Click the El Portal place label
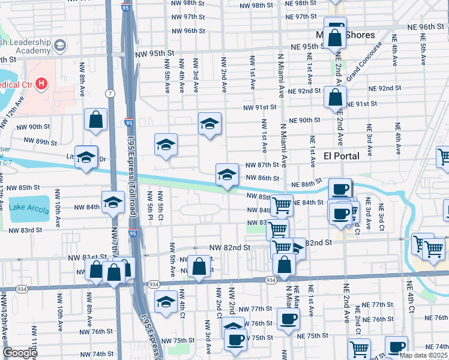[x=341, y=156]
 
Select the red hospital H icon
[x=41, y=83]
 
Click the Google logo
[x=20, y=353]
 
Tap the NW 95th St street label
[x=149, y=53]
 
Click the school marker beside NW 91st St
[x=209, y=124]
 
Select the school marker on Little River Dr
[x=86, y=157]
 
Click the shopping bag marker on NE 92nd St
[x=335, y=97]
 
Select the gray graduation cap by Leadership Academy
[x=59, y=45]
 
